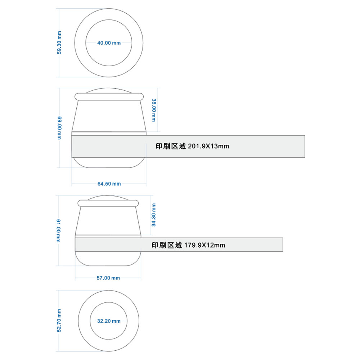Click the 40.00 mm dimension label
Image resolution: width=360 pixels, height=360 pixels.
click(109, 43)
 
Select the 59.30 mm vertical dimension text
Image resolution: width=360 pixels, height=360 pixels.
click(59, 43)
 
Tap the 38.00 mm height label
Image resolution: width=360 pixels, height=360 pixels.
click(154, 110)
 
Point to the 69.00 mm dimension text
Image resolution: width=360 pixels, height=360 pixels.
click(59, 128)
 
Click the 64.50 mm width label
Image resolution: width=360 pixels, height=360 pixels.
click(109, 184)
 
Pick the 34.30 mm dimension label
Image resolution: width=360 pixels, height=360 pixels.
click(154, 215)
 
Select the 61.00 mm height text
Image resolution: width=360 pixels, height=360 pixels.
click(59, 231)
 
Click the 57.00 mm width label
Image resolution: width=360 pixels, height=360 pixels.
click(108, 278)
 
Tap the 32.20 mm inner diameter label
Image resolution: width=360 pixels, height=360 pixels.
click(109, 321)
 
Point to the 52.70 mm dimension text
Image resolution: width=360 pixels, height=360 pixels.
click(59, 320)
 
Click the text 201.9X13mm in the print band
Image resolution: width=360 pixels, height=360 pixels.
click(208, 146)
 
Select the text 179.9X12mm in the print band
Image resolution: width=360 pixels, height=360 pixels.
click(204, 245)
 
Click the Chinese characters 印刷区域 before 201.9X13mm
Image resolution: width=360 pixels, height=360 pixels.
click(171, 146)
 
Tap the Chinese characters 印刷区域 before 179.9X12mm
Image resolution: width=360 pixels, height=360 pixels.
click(167, 245)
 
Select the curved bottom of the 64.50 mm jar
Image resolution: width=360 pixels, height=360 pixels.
click(109, 167)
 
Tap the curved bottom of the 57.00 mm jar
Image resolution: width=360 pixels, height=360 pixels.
click(108, 266)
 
